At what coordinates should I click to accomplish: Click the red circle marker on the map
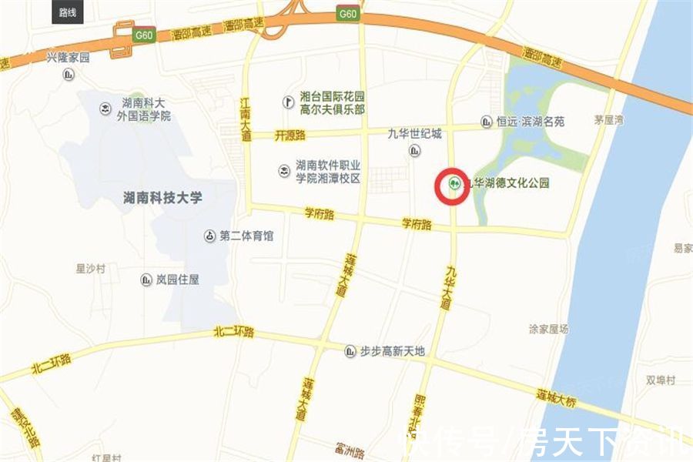pos(452,186)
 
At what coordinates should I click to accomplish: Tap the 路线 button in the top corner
pos(68,12)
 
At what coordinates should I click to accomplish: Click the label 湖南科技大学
pos(162,198)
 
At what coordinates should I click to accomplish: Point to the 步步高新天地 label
pos(392,351)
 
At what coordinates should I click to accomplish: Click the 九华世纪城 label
pos(415,133)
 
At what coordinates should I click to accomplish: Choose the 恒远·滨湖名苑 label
pos(531,122)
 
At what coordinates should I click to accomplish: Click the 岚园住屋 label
pos(177,280)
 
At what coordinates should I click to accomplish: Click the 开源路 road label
pos(290,135)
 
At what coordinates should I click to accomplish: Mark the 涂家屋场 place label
pos(548,329)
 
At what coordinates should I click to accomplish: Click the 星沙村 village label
pos(90,269)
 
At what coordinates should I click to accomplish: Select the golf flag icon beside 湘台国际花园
pos(288,102)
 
